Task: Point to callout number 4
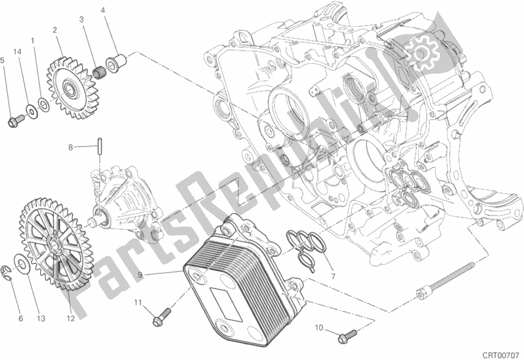pos(103,11)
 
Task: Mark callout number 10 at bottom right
pos(318,327)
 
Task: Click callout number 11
pos(139,302)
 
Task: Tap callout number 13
pos(41,319)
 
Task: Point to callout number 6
pos(20,319)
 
